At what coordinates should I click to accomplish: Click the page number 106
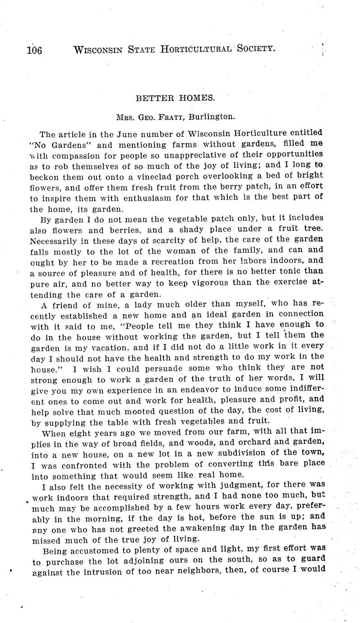[x=34, y=50]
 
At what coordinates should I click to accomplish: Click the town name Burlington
[x=212, y=117]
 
